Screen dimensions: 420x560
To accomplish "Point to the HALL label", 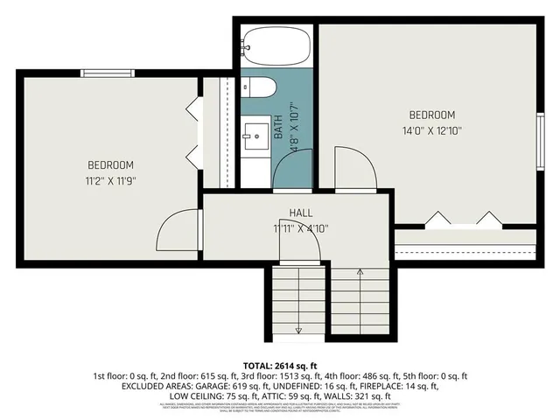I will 301,213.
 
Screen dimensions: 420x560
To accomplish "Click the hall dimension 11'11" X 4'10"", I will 301,228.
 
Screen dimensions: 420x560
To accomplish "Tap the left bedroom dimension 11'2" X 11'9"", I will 110,180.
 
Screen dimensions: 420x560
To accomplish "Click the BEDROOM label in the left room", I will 110,164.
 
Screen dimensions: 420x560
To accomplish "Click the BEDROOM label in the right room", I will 432,115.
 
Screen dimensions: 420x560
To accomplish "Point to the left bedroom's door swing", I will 175,229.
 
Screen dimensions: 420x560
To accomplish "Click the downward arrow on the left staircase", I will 298,329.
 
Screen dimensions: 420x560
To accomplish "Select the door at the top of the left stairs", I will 299,250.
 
